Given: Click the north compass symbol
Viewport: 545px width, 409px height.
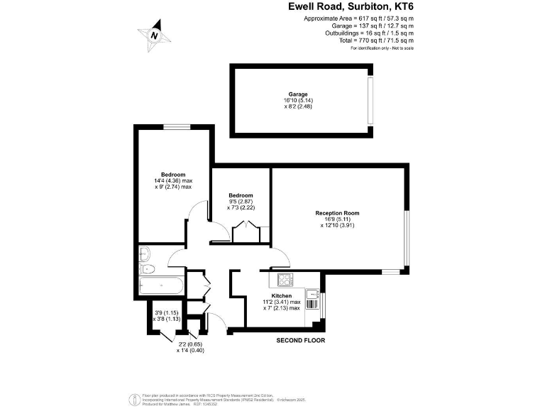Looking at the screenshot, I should pos(155,34).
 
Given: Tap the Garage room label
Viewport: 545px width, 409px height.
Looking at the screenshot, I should pos(297,94).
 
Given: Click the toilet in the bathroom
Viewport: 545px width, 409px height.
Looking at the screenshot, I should pos(146,268).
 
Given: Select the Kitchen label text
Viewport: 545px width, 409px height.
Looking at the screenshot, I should pos(282,295).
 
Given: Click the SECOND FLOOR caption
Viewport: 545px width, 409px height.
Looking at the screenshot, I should pos(300,341).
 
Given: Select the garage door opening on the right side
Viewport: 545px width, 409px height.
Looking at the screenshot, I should pos(370,99).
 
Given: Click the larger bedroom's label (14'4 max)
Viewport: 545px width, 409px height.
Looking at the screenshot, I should pos(173,175).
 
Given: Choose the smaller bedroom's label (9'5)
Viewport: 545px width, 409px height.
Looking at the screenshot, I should pos(241,195).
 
